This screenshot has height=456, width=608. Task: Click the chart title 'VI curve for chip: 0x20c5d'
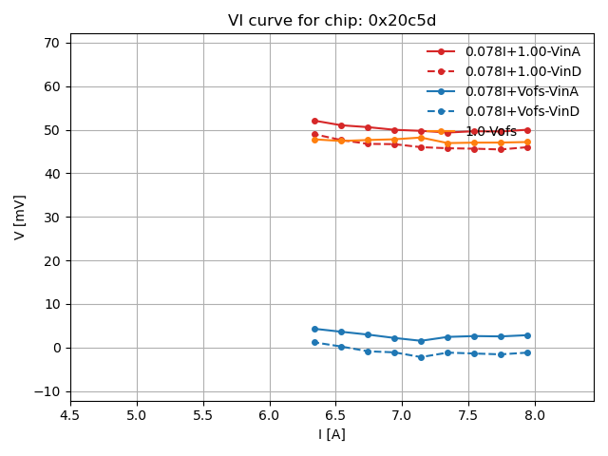point(332,21)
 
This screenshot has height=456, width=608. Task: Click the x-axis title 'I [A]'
point(332,434)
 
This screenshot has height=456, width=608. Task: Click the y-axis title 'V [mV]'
point(20,217)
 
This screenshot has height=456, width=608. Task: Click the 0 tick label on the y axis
point(56,348)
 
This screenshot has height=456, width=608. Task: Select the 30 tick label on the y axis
point(51,218)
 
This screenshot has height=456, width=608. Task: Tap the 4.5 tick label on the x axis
point(70,415)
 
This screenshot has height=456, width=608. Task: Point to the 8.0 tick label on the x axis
point(535,415)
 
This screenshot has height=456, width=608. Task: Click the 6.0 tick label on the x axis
point(270,415)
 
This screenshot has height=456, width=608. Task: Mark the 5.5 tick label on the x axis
point(203,415)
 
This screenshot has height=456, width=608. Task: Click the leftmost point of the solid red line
point(314,121)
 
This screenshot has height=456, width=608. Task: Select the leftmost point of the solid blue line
point(314,329)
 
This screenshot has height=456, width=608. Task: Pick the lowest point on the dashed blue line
point(421,357)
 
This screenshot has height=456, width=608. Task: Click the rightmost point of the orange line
point(527,142)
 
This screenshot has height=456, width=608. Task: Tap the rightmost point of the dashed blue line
point(527,352)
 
